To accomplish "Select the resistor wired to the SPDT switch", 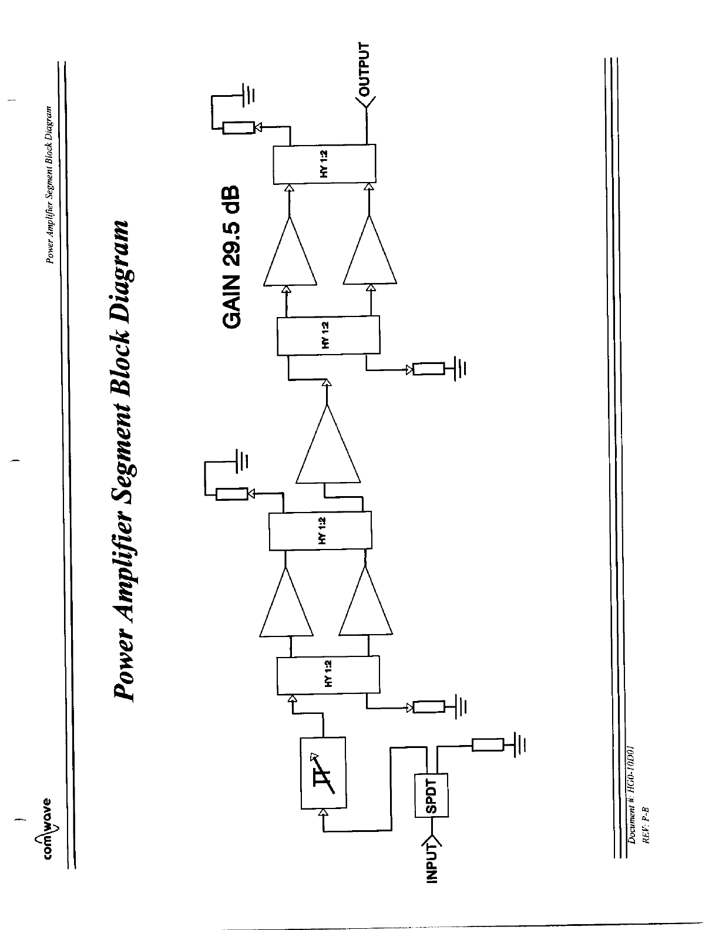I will (x=488, y=744).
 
